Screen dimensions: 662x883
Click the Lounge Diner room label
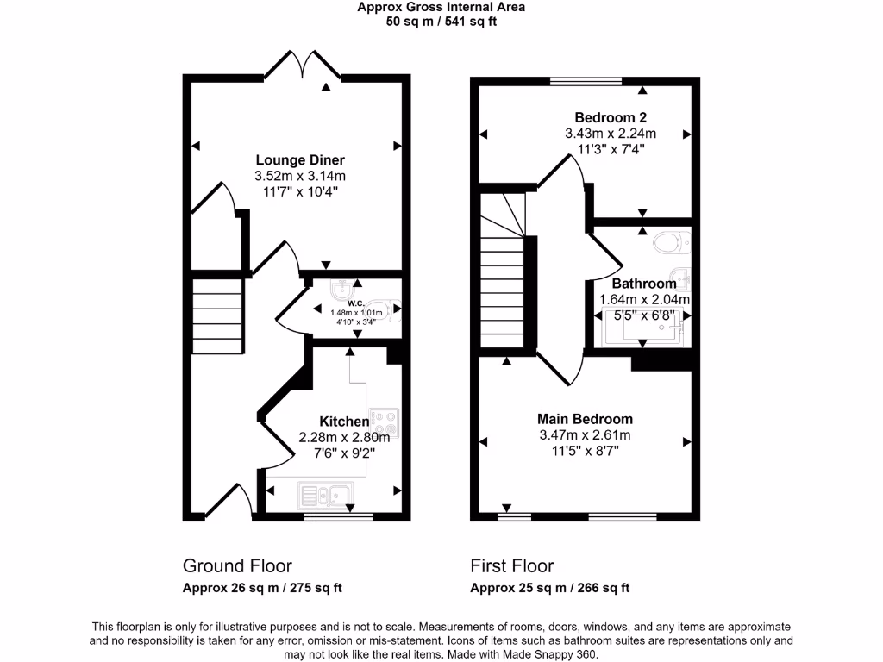click(x=300, y=160)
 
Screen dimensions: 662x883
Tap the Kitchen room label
click(x=344, y=422)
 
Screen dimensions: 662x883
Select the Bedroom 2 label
click(x=611, y=118)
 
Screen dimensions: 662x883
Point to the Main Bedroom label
click(x=586, y=420)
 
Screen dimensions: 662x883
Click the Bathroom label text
click(x=644, y=284)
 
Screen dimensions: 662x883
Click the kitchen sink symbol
click(x=323, y=495)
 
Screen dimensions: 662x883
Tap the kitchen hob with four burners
click(x=385, y=422)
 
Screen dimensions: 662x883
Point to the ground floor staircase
click(x=216, y=315)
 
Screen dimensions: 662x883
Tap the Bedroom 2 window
click(x=586, y=82)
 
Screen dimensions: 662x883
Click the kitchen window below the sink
click(x=338, y=517)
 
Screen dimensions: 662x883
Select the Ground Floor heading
click(x=237, y=566)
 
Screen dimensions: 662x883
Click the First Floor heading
click(x=512, y=566)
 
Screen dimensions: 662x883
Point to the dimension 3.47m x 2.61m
click(x=586, y=435)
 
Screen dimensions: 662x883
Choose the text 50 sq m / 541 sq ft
click(x=441, y=22)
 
